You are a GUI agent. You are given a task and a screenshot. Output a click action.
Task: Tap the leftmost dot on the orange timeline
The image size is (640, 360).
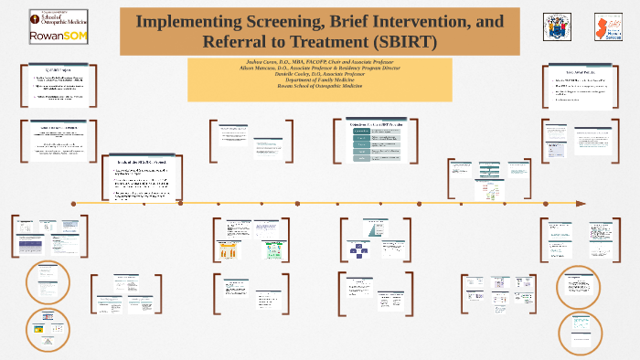(73, 203)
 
